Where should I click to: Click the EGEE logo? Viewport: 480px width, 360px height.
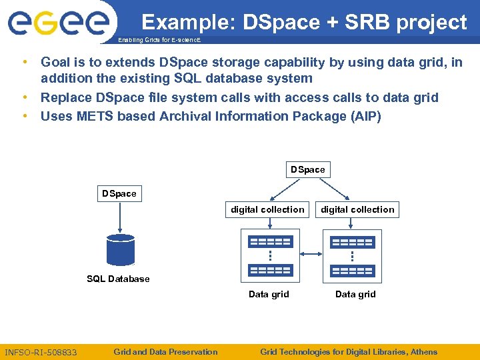point(58,23)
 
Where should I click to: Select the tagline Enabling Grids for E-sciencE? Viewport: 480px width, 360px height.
point(158,41)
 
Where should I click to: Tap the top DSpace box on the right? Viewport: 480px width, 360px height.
point(307,170)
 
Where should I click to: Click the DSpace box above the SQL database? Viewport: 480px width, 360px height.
point(119,194)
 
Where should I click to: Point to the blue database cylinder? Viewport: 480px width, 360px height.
point(120,250)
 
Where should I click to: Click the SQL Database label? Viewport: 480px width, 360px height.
point(118,279)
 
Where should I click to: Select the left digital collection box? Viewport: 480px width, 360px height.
point(267,209)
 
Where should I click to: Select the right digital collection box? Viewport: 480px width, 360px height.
point(357,209)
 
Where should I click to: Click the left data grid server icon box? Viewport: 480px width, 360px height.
point(269,255)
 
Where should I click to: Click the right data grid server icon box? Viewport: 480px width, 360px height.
point(352,255)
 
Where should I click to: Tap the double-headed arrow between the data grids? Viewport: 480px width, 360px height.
point(311,254)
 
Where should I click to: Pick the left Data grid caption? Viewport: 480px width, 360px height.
point(269,294)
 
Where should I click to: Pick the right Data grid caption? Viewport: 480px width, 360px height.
point(355,294)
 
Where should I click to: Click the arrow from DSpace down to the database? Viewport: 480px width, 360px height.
point(119,218)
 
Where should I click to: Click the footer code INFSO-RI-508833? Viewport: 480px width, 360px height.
point(41,352)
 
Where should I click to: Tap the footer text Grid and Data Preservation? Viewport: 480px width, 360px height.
point(165,351)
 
